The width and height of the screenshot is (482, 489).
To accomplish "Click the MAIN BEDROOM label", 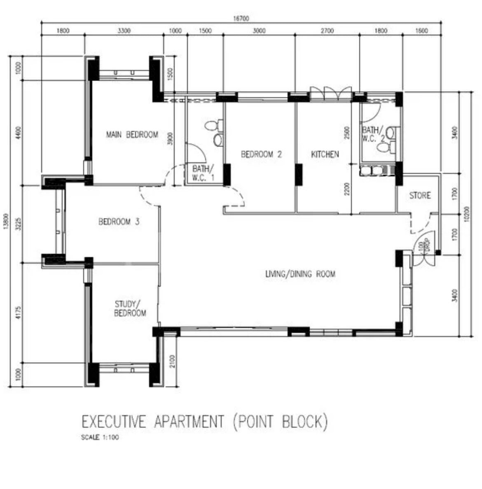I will tap(132, 135).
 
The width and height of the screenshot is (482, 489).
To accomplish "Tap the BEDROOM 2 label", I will tap(261, 154).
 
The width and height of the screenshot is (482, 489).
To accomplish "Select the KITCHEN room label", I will tap(325, 154).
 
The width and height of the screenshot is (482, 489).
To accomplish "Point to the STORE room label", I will tap(420, 195).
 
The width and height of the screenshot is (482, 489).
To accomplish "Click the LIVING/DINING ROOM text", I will tap(300, 274).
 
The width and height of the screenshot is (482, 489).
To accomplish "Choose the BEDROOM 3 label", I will tap(119, 222).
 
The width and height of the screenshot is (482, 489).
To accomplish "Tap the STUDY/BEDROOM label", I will tap(130, 309).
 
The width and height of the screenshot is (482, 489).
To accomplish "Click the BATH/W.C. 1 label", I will tap(203, 173).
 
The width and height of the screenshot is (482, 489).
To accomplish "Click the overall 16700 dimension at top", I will tap(241, 19).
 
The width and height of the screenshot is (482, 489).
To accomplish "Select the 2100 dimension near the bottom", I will tap(172, 361).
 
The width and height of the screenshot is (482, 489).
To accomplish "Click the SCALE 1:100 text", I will tap(100, 438).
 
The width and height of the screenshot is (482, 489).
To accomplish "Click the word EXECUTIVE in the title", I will tap(114, 422).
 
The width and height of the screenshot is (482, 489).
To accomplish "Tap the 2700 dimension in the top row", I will tap(327, 31).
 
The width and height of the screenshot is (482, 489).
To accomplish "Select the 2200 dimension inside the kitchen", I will tap(347, 189).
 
